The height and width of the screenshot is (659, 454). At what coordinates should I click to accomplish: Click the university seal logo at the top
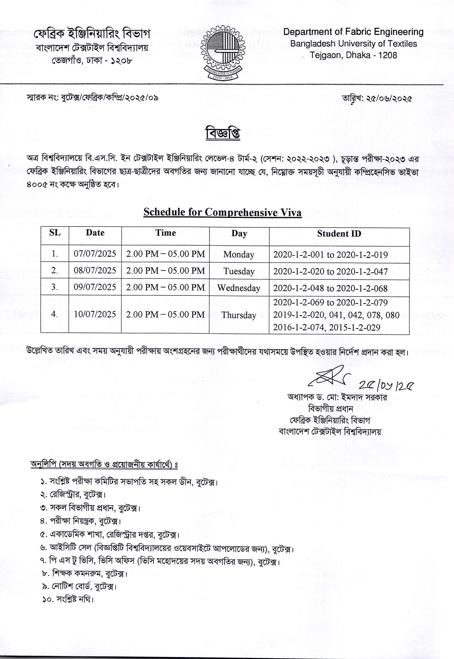223,52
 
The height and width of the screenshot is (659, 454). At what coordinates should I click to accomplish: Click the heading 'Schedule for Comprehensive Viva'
222,212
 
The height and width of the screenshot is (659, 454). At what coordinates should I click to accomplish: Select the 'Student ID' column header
339,234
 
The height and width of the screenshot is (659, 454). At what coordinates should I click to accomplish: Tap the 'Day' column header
239,234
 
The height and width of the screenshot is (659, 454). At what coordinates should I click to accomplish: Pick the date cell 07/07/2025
95,254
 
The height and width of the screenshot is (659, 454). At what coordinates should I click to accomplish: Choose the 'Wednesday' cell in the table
239,288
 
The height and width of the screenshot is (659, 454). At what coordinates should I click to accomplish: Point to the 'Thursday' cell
239,315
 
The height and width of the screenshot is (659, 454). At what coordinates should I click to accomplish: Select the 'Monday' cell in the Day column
239,254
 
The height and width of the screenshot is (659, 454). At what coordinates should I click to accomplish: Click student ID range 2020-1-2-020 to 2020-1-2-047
330,271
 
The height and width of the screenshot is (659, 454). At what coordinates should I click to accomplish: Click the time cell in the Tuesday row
165,271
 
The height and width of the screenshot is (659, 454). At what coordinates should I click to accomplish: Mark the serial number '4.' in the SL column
55,314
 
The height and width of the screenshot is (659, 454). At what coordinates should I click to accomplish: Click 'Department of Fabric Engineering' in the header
353,32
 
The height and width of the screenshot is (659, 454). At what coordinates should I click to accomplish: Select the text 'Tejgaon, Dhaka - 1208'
353,55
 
